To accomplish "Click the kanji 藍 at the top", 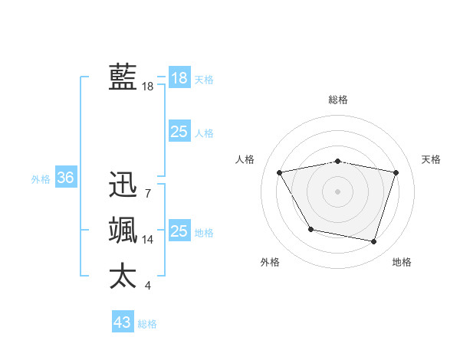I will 123,77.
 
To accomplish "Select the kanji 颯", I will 123,231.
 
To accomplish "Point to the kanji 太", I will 123,276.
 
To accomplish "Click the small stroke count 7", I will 147,193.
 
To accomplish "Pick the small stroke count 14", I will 148,239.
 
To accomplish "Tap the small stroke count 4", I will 147,286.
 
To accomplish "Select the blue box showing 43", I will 123,322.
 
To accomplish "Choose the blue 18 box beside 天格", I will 179,78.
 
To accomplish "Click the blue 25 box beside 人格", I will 179,132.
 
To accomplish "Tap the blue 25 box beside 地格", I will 179,231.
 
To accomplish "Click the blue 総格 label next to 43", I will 147,324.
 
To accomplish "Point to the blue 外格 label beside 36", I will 41,179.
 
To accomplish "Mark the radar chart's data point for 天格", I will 396,172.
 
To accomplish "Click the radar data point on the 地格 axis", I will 373,242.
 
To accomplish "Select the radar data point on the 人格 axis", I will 280,172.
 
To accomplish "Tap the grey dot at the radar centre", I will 338,191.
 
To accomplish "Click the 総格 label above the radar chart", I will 338,100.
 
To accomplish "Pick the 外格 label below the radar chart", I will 270,262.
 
